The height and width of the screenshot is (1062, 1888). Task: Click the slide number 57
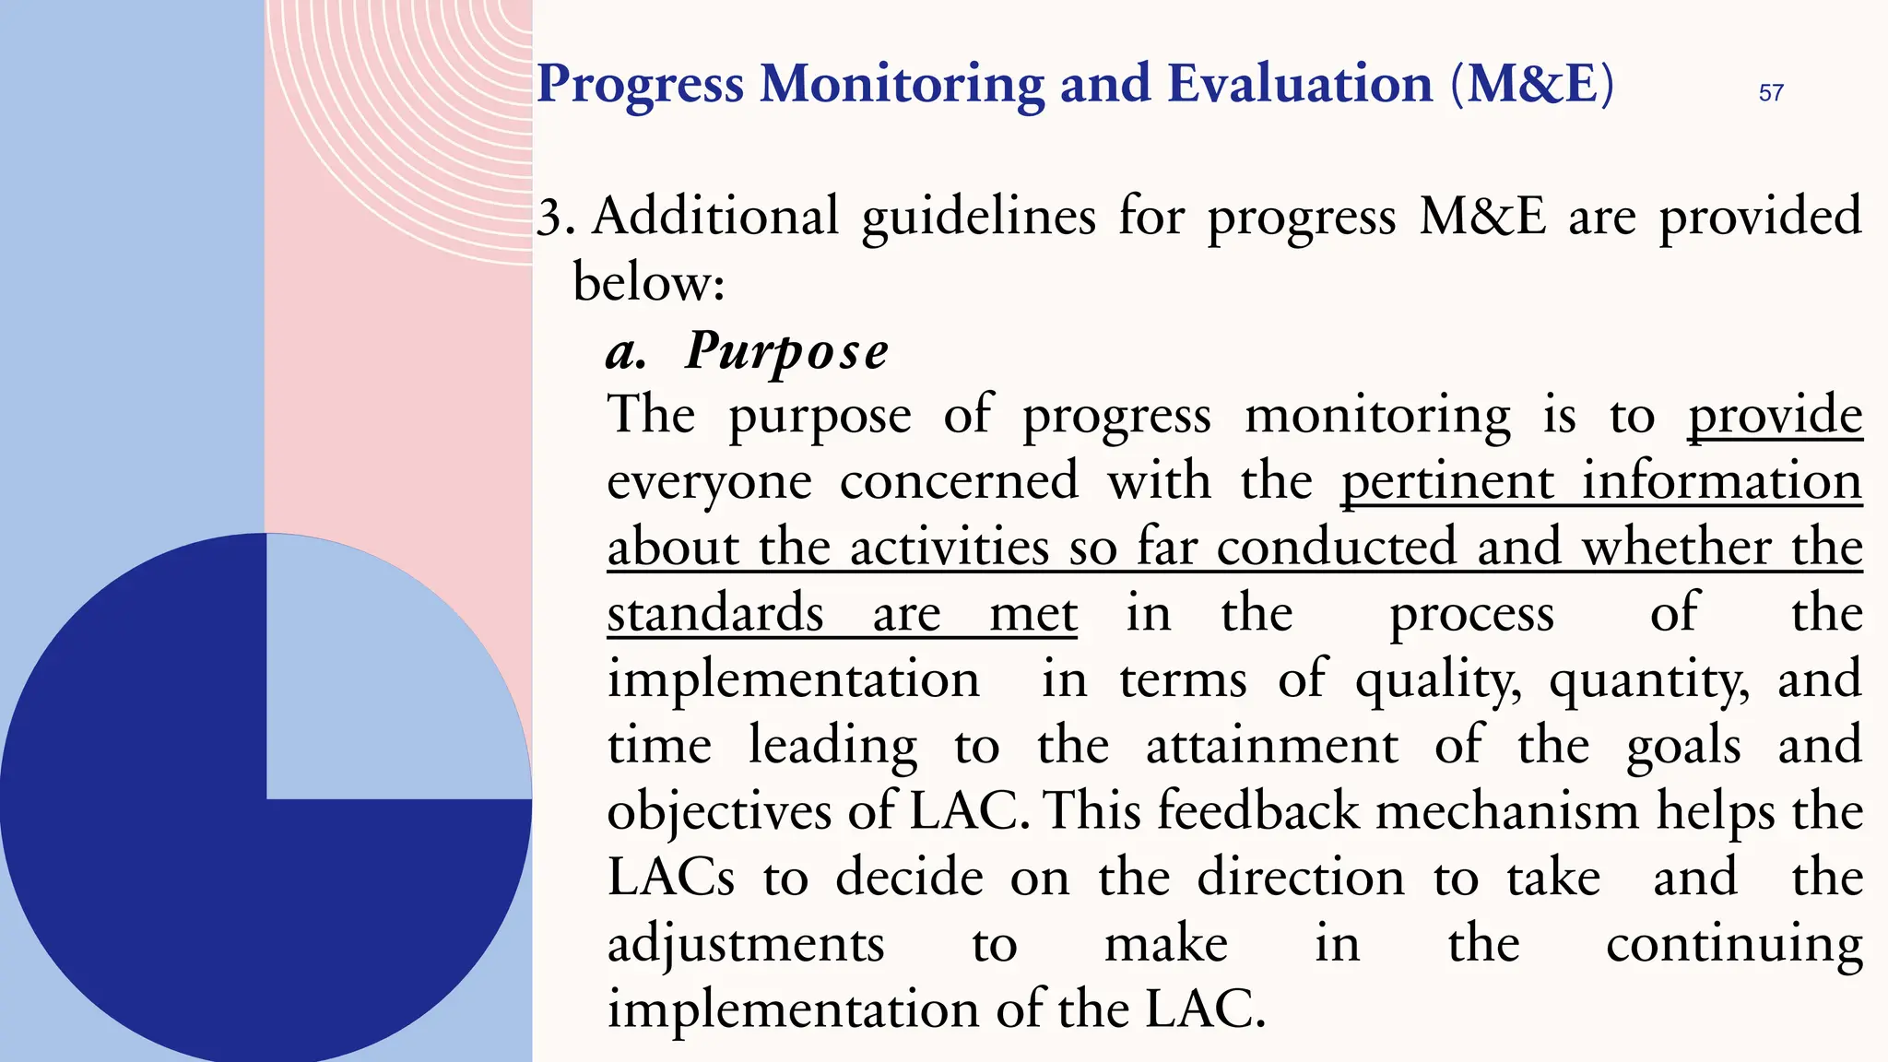(1771, 92)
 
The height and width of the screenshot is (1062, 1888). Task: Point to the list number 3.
(555, 218)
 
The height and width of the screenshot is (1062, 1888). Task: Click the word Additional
(715, 217)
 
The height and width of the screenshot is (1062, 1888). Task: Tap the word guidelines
(978, 218)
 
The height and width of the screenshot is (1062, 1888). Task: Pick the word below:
(649, 282)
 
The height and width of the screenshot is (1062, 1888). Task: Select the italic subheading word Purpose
(787, 352)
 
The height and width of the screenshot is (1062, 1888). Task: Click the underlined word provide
(1775, 416)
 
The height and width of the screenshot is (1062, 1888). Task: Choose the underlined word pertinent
(1447, 482)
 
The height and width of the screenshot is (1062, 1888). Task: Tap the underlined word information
(1721, 482)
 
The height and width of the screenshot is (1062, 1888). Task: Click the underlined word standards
(715, 614)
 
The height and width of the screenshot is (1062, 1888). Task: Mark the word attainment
(1271, 746)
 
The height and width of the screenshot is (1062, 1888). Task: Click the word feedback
(1258, 812)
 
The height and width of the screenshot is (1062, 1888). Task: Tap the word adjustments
(746, 945)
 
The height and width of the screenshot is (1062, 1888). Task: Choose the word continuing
(1734, 945)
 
